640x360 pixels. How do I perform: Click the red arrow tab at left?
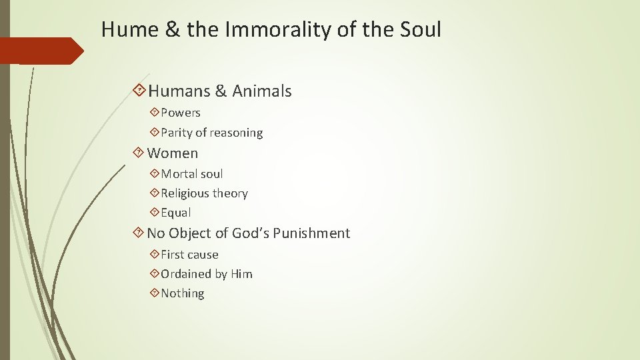[40, 51]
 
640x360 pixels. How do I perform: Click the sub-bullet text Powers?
[180, 113]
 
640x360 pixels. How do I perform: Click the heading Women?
[172, 153]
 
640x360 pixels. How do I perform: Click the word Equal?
[175, 213]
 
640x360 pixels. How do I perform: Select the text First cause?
[189, 255]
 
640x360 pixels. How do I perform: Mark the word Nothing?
[182, 293]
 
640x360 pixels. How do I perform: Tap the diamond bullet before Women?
[138, 153]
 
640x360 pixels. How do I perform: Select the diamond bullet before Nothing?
[155, 293]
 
